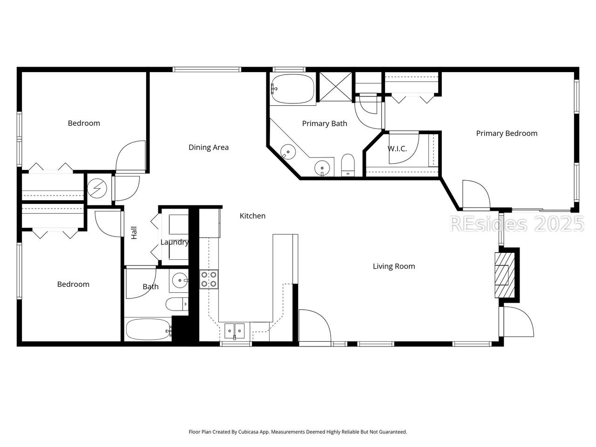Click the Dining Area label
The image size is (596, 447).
pos(209,148)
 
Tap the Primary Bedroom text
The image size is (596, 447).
pos(507,134)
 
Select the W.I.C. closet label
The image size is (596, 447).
pos(397,149)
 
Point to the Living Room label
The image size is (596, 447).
pos(394,266)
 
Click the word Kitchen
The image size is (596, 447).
pos(252,216)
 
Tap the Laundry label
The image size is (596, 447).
pos(175,243)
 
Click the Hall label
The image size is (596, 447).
pos(134,233)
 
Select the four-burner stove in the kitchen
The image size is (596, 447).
pos(209,279)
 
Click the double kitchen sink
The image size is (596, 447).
pos(234,331)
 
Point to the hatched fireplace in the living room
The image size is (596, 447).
pos(504,275)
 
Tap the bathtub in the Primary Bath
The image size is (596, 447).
pos(293,89)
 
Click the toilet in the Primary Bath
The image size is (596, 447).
pos(348,165)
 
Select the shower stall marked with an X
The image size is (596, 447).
pos(336,87)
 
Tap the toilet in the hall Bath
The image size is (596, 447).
pos(177,304)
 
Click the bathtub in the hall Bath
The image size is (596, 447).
pos(149,329)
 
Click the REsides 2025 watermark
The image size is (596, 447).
pos(517,224)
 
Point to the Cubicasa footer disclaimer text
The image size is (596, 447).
pos(298,432)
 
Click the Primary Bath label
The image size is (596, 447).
pos(325,124)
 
